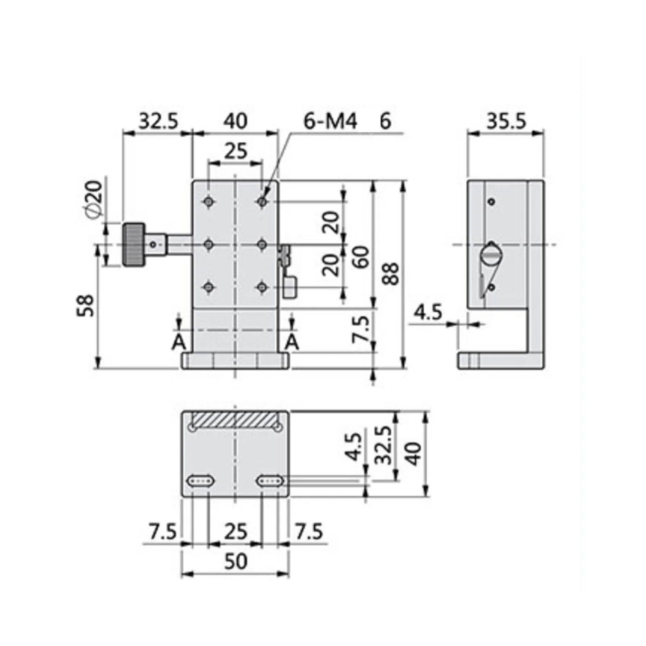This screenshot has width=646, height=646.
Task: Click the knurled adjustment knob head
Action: [133, 245]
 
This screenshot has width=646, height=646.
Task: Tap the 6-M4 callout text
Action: [330, 121]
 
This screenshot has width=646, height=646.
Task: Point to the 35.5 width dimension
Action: [506, 121]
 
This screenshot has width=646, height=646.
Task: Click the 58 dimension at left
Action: [86, 305]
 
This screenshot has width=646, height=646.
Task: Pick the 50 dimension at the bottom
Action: [235, 561]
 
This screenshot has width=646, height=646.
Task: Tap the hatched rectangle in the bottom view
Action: [235, 420]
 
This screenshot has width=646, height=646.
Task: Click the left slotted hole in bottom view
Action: [201, 480]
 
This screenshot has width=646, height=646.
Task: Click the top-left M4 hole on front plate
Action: [209, 201]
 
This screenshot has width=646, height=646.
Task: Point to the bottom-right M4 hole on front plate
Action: [262, 287]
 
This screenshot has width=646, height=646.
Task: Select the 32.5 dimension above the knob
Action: [158, 121]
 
